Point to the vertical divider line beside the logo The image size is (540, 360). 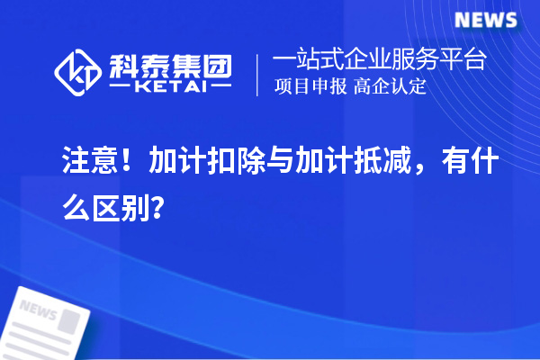[x=259, y=74]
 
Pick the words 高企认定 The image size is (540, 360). [x=391, y=87]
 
